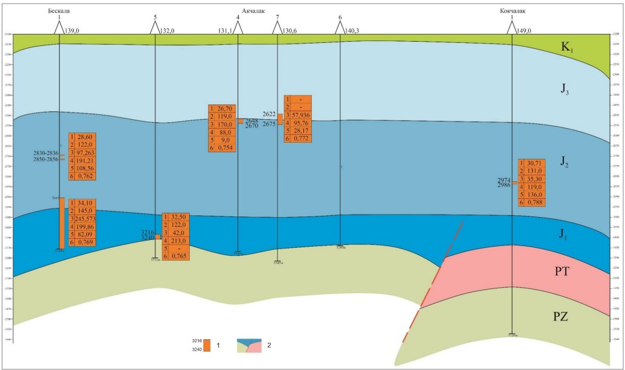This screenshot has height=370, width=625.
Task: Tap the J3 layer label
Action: (566, 91)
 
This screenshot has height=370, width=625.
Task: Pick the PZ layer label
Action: (566, 316)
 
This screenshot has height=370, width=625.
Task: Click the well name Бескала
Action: (59, 11)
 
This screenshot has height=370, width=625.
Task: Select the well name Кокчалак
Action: (511, 11)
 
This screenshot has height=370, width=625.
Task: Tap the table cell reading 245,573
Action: (85, 218)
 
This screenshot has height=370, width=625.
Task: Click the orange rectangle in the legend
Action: (207, 345)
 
